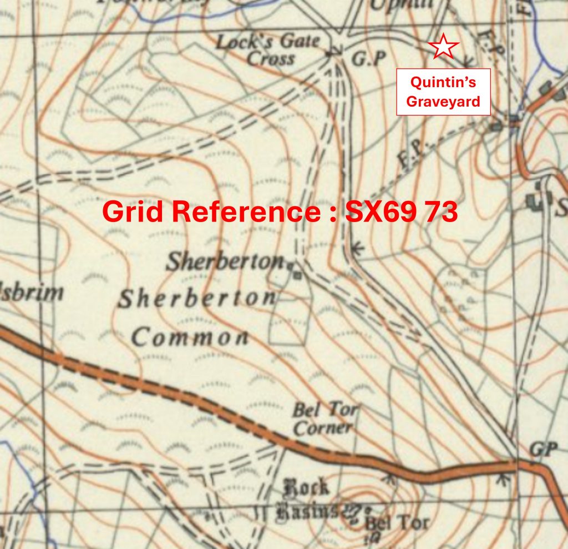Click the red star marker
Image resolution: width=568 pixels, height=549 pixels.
(444, 47)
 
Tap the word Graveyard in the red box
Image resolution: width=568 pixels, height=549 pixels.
(443, 102)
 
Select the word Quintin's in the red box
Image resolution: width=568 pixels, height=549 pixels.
(443, 83)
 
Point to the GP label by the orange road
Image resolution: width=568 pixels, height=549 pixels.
(542, 449)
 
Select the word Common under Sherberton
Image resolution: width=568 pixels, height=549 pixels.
(190, 336)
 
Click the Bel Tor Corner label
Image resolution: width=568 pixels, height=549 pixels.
(324, 419)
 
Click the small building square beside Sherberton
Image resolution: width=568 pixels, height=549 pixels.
(298, 274)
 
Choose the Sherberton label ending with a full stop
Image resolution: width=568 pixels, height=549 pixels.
(227, 261)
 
